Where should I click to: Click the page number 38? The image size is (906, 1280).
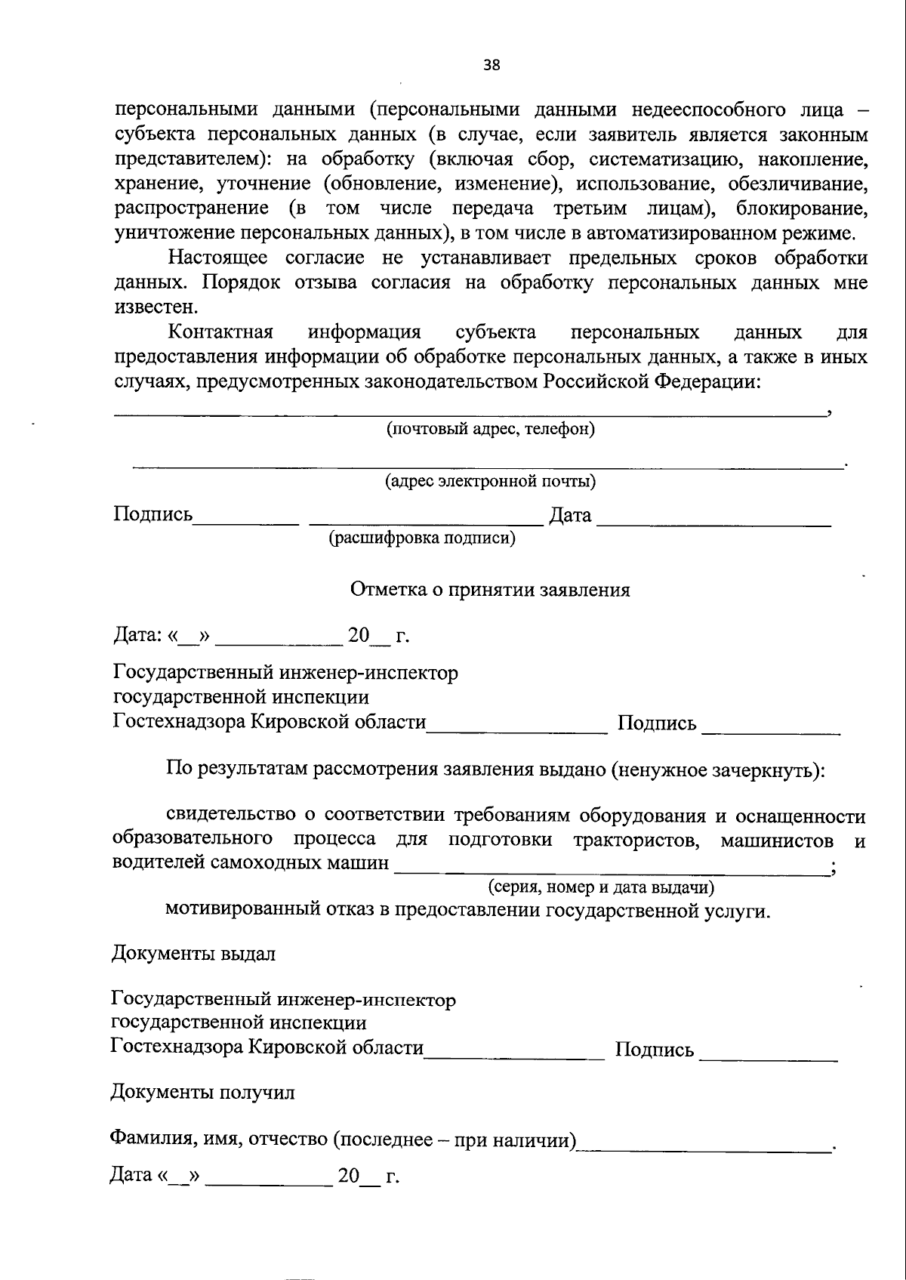pos(492,65)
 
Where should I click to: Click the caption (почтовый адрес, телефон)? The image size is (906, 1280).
pos(490,430)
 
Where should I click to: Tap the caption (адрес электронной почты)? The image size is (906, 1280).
pos(490,481)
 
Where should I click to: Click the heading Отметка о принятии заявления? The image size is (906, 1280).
pos(490,590)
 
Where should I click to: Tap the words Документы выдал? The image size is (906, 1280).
pos(193,953)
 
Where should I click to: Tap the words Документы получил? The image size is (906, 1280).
pos(202,1092)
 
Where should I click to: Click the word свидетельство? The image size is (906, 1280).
pos(230,816)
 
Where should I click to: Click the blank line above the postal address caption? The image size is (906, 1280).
pos(468,412)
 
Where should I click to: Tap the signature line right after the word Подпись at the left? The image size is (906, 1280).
pos(246,520)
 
